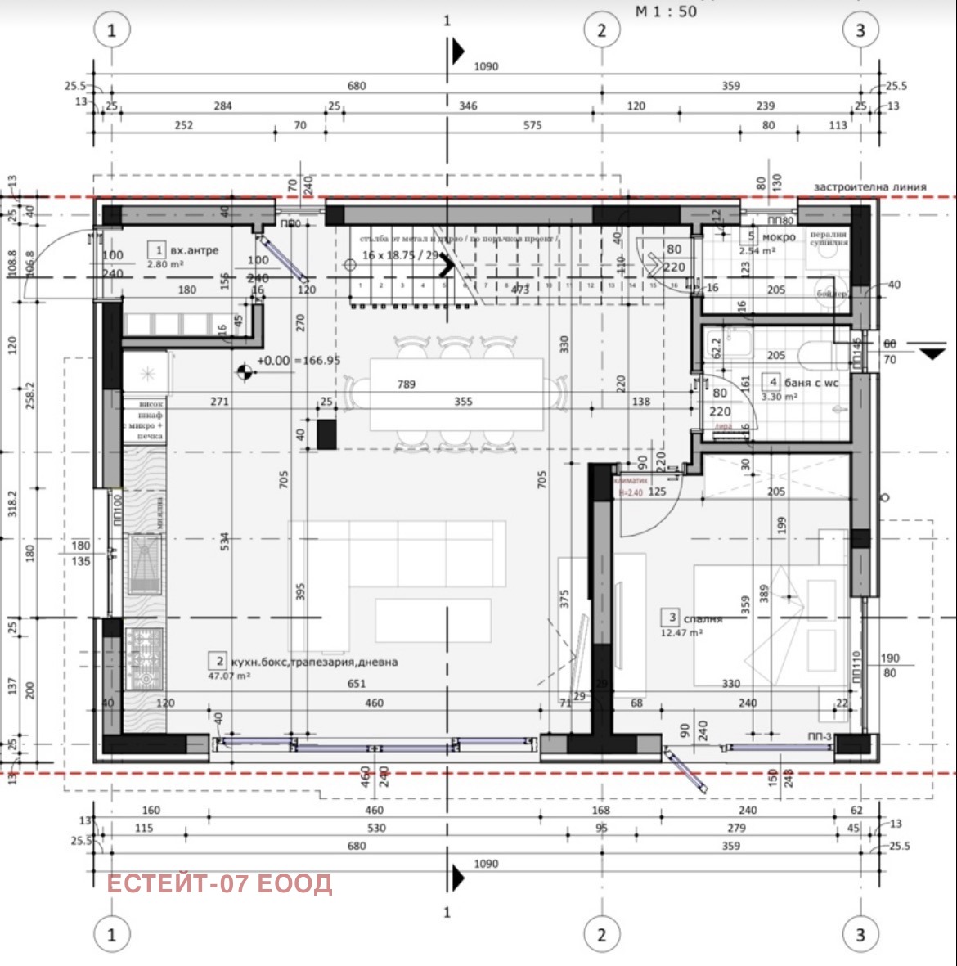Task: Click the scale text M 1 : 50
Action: pyautogui.click(x=666, y=11)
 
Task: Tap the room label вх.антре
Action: pyautogui.click(x=194, y=250)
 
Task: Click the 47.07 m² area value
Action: pyautogui.click(x=229, y=676)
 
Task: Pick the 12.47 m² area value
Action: pyautogui.click(x=681, y=632)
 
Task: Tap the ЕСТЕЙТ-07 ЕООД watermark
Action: pyautogui.click(x=219, y=883)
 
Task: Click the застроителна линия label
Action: pyautogui.click(x=869, y=186)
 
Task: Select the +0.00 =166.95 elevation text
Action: pyautogui.click(x=299, y=360)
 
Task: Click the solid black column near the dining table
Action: pyautogui.click(x=326, y=434)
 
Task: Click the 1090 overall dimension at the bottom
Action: pyautogui.click(x=486, y=864)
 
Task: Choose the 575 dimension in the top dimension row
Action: pyautogui.click(x=532, y=125)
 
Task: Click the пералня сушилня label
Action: pyautogui.click(x=828, y=238)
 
